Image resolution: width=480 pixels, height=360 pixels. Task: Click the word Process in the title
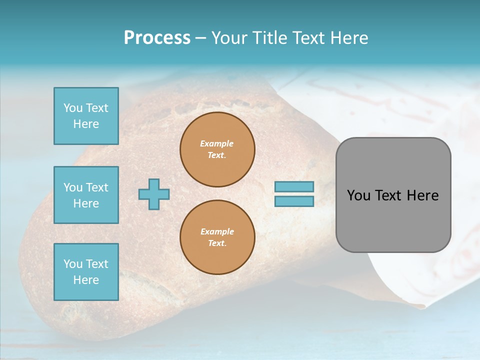pos(157,38)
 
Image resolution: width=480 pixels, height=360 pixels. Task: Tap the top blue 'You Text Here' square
pos(86,116)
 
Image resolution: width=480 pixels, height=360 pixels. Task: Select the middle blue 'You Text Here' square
pos(86,195)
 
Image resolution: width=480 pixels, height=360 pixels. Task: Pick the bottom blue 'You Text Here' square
pos(86,272)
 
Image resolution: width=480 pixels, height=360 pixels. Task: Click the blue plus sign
pos(154,194)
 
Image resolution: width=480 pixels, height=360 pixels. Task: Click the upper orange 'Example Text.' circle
pos(217,149)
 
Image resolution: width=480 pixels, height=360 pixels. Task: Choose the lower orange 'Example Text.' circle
pos(217,237)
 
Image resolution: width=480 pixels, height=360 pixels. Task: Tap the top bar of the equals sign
pos(294,187)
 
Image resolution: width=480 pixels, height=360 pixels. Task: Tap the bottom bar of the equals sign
pos(294,201)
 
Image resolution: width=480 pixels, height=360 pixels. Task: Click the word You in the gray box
pos(358,195)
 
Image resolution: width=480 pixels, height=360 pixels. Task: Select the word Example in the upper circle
pos(217,143)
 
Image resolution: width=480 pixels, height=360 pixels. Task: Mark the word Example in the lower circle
pos(217,231)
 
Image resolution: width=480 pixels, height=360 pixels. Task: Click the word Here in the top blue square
pos(86,124)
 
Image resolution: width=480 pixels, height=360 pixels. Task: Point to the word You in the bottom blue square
pos(73,264)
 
